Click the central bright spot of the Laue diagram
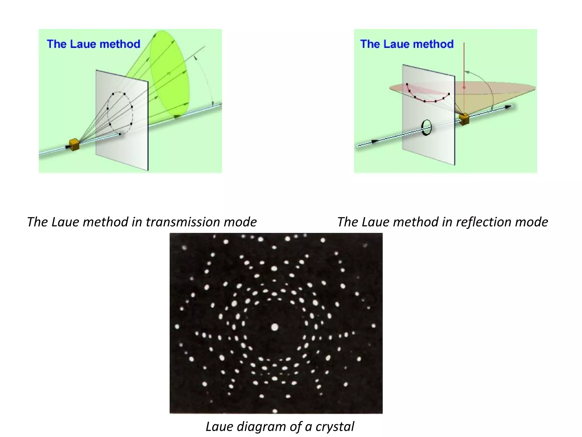click(275, 327)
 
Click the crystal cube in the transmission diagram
click(74, 145)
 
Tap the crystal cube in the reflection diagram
click(464, 119)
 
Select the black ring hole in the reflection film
click(426, 128)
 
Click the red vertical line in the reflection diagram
click(464, 63)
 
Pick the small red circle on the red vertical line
click(464, 88)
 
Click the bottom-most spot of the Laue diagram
click(275, 411)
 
